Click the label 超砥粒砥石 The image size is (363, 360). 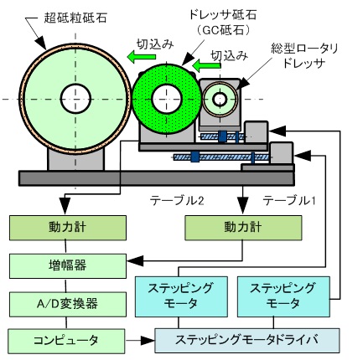tap(75, 18)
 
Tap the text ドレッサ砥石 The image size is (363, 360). tap(223, 14)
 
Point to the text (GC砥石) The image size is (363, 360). tap(222, 29)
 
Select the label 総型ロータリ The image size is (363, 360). tap(304, 49)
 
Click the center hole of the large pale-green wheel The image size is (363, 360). tap(75, 99)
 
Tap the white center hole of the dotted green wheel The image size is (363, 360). tap(167, 99)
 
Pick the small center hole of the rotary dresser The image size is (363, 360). tap(220, 99)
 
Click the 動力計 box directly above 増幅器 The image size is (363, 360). tap(68, 228)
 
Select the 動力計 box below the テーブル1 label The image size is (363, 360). tap(243, 228)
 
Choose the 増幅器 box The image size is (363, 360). tap(68, 266)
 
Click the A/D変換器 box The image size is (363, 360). tap(68, 304)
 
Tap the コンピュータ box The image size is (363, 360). tap(66, 341)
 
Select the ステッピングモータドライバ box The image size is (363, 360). tap(247, 341)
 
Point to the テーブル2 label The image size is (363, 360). tap(177, 200)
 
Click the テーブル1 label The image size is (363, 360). tap(289, 200)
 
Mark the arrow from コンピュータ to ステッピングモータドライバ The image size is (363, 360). tap(140, 341)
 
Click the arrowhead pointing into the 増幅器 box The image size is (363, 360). tap(135, 261)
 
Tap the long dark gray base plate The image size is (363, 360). tap(157, 178)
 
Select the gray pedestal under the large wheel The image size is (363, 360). tap(75, 160)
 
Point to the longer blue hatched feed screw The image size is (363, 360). tap(221, 157)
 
